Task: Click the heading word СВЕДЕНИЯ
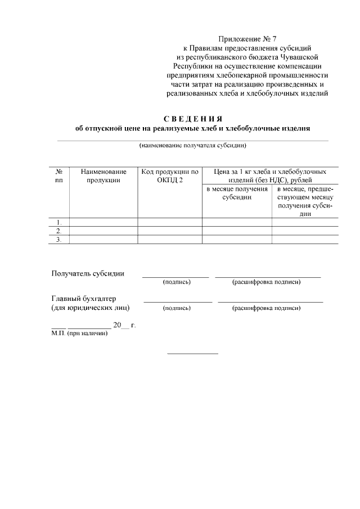[193, 119]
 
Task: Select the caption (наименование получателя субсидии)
[193, 146]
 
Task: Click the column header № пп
[59, 175]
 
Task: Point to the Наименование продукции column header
[103, 175]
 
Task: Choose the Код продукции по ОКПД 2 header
[170, 175]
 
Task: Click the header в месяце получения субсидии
[236, 193]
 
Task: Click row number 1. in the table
[59, 222]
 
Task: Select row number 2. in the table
[59, 231]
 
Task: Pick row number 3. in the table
[59, 240]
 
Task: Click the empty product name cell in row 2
[103, 231]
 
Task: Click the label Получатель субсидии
[88, 274]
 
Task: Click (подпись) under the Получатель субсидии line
[177, 282]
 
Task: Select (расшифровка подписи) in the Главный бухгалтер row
[267, 308]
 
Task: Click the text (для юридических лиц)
[90, 308]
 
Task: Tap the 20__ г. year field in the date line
[124, 325]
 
